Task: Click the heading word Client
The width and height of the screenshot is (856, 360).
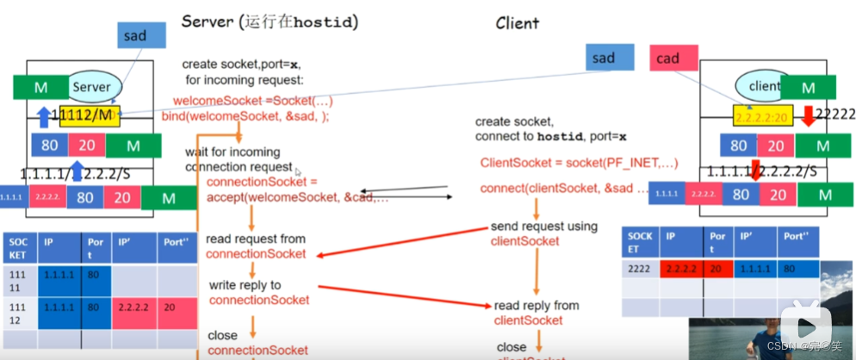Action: tap(517, 23)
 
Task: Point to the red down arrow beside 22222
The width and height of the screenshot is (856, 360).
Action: tap(808, 114)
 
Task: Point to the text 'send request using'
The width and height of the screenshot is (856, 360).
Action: tap(543, 227)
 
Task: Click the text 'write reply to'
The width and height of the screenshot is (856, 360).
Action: tap(245, 285)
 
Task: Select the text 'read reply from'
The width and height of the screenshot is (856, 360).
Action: tap(537, 306)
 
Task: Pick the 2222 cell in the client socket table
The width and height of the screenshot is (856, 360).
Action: tap(640, 268)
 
